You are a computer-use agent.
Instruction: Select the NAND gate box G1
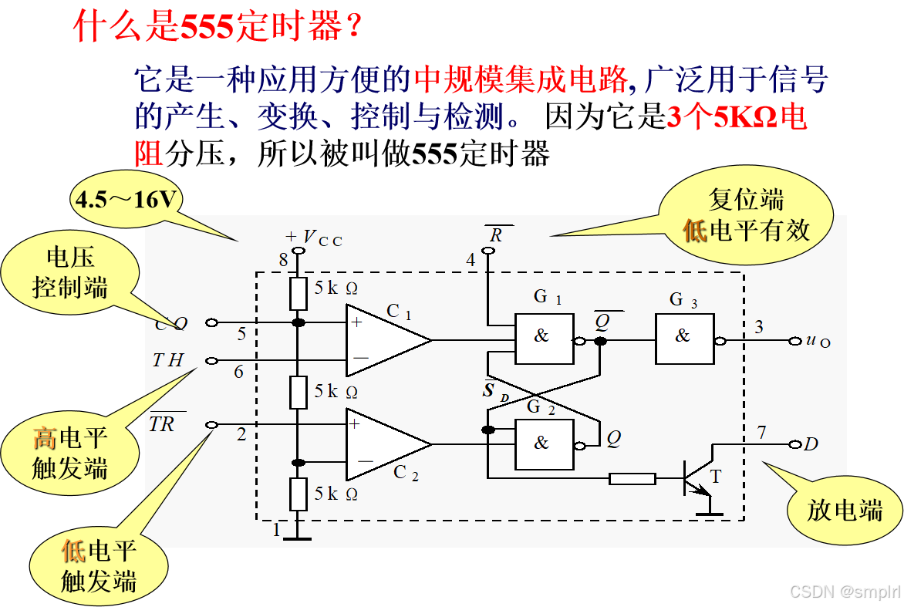tap(544, 339)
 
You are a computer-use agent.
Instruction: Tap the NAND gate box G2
tap(544, 444)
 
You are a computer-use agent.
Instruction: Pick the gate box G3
tap(684, 339)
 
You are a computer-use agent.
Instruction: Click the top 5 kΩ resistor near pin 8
tap(299, 293)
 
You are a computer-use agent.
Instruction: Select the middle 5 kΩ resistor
tap(299, 392)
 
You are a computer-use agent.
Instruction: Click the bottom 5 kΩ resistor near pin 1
tap(299, 494)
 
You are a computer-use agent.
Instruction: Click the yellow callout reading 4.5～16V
tap(126, 201)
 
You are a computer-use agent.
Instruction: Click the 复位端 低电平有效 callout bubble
tap(747, 215)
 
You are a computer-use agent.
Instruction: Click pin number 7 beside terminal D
tap(761, 433)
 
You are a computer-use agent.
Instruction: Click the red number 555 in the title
tap(207, 27)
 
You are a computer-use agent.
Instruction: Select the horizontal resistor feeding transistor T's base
tap(632, 479)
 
